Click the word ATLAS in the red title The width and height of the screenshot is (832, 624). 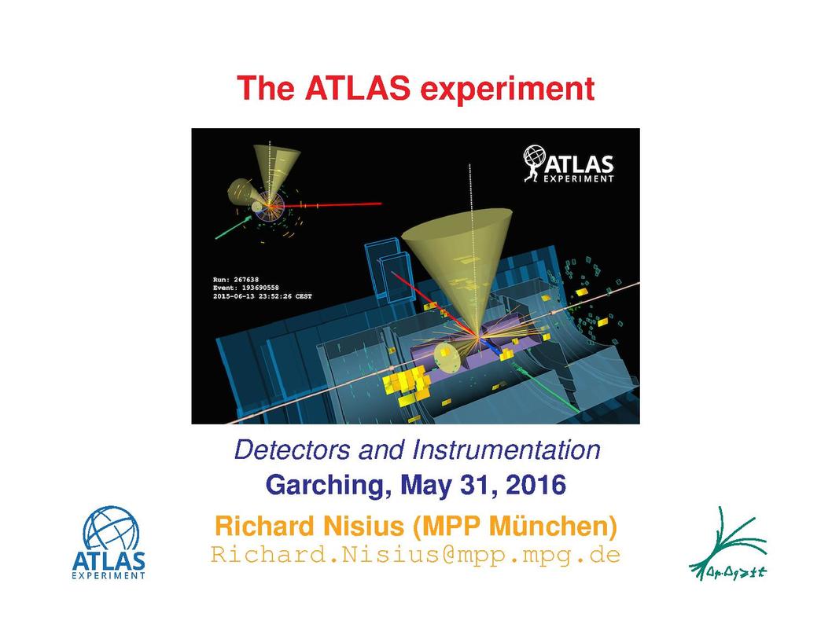[x=358, y=88]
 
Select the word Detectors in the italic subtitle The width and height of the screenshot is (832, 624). [x=293, y=450]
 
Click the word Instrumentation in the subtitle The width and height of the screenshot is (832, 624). [x=506, y=450]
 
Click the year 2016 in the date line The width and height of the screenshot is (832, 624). [x=536, y=485]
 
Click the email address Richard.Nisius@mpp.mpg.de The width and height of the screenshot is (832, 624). [x=415, y=555]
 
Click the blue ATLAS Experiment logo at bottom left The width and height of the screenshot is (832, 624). [x=109, y=543]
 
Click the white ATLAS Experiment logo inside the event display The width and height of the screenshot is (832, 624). [x=569, y=163]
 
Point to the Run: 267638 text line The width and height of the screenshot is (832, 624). [x=236, y=280]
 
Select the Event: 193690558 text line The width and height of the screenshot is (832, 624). [x=245, y=288]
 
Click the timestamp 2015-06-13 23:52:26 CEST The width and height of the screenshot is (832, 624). [x=262, y=296]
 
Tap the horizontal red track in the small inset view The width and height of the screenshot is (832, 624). [x=326, y=204]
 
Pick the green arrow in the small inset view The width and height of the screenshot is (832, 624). [x=233, y=227]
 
